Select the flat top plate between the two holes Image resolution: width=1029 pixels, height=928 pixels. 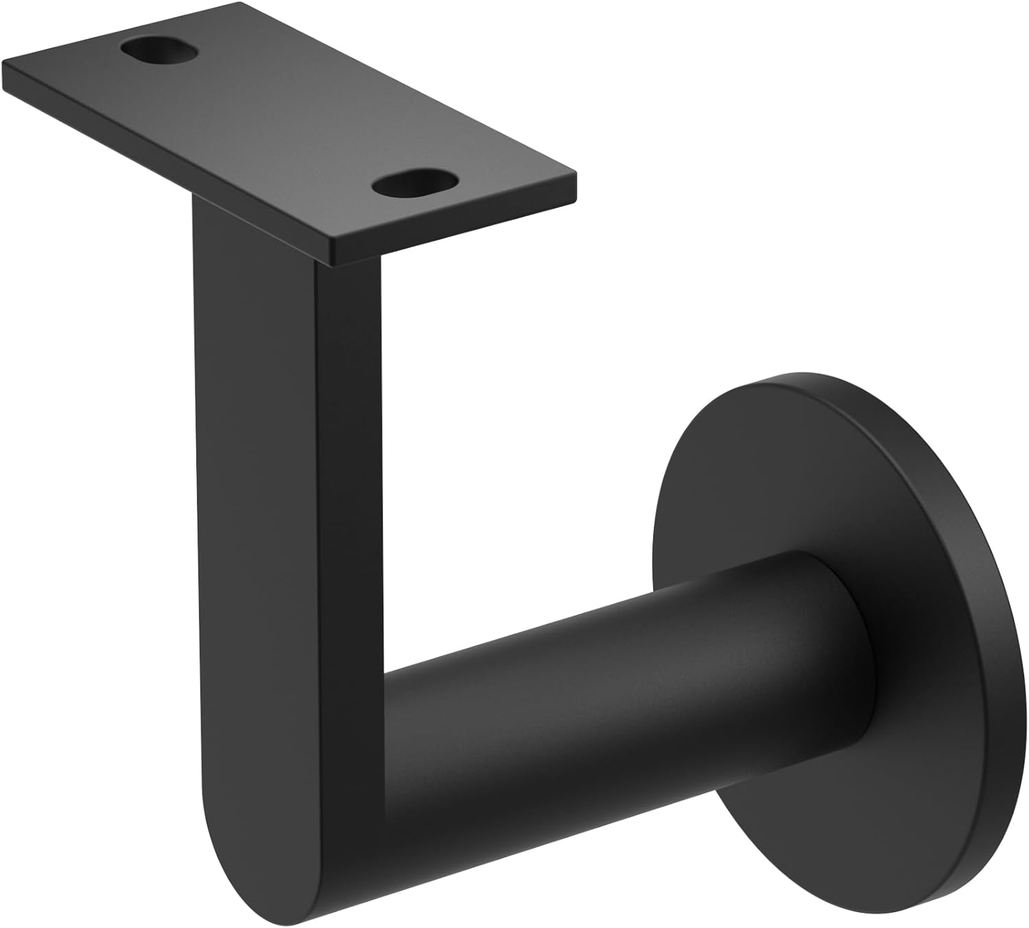(288, 117)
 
